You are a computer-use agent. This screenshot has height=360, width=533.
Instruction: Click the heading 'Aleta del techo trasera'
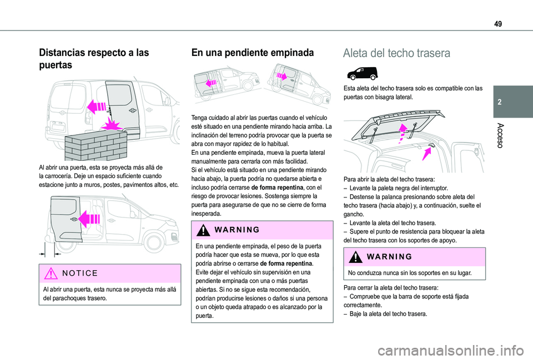(x=396, y=53)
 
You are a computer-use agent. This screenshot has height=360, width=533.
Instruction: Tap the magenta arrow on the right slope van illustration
(x=283, y=75)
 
